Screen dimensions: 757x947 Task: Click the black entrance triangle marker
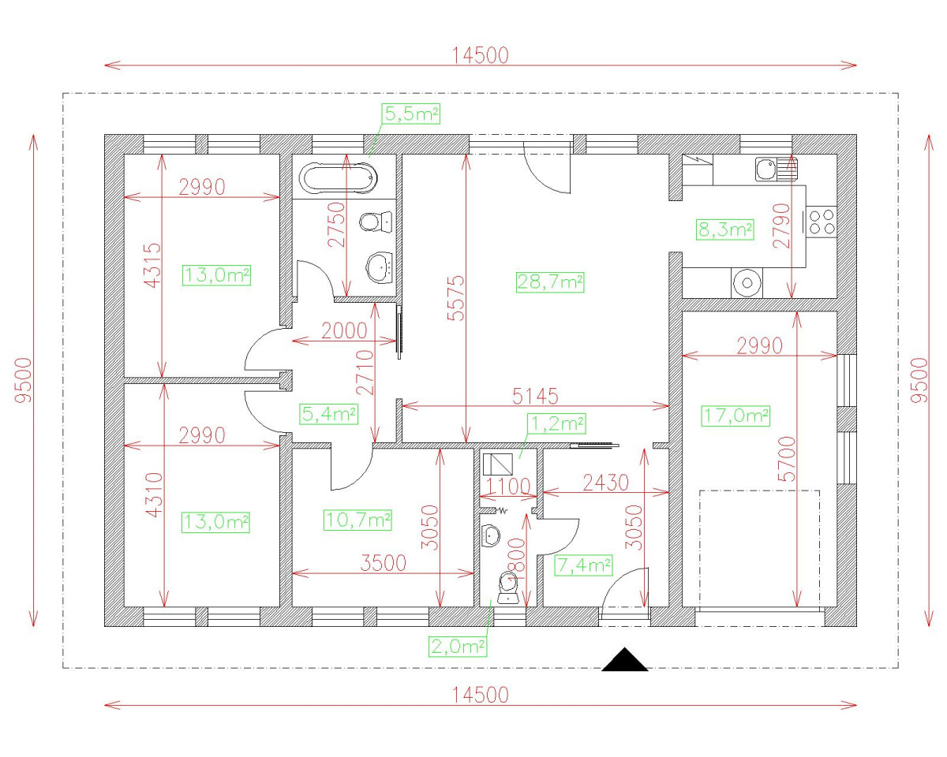(625, 660)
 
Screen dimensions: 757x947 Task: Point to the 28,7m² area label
(550, 282)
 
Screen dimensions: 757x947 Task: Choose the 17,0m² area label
(734, 416)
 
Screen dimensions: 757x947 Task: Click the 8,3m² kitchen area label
(724, 229)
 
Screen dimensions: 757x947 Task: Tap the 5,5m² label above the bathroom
(410, 114)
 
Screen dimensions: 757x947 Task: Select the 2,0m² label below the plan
(457, 647)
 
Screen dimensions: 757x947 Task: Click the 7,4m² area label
(584, 565)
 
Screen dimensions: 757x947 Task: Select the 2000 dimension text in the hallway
(344, 330)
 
